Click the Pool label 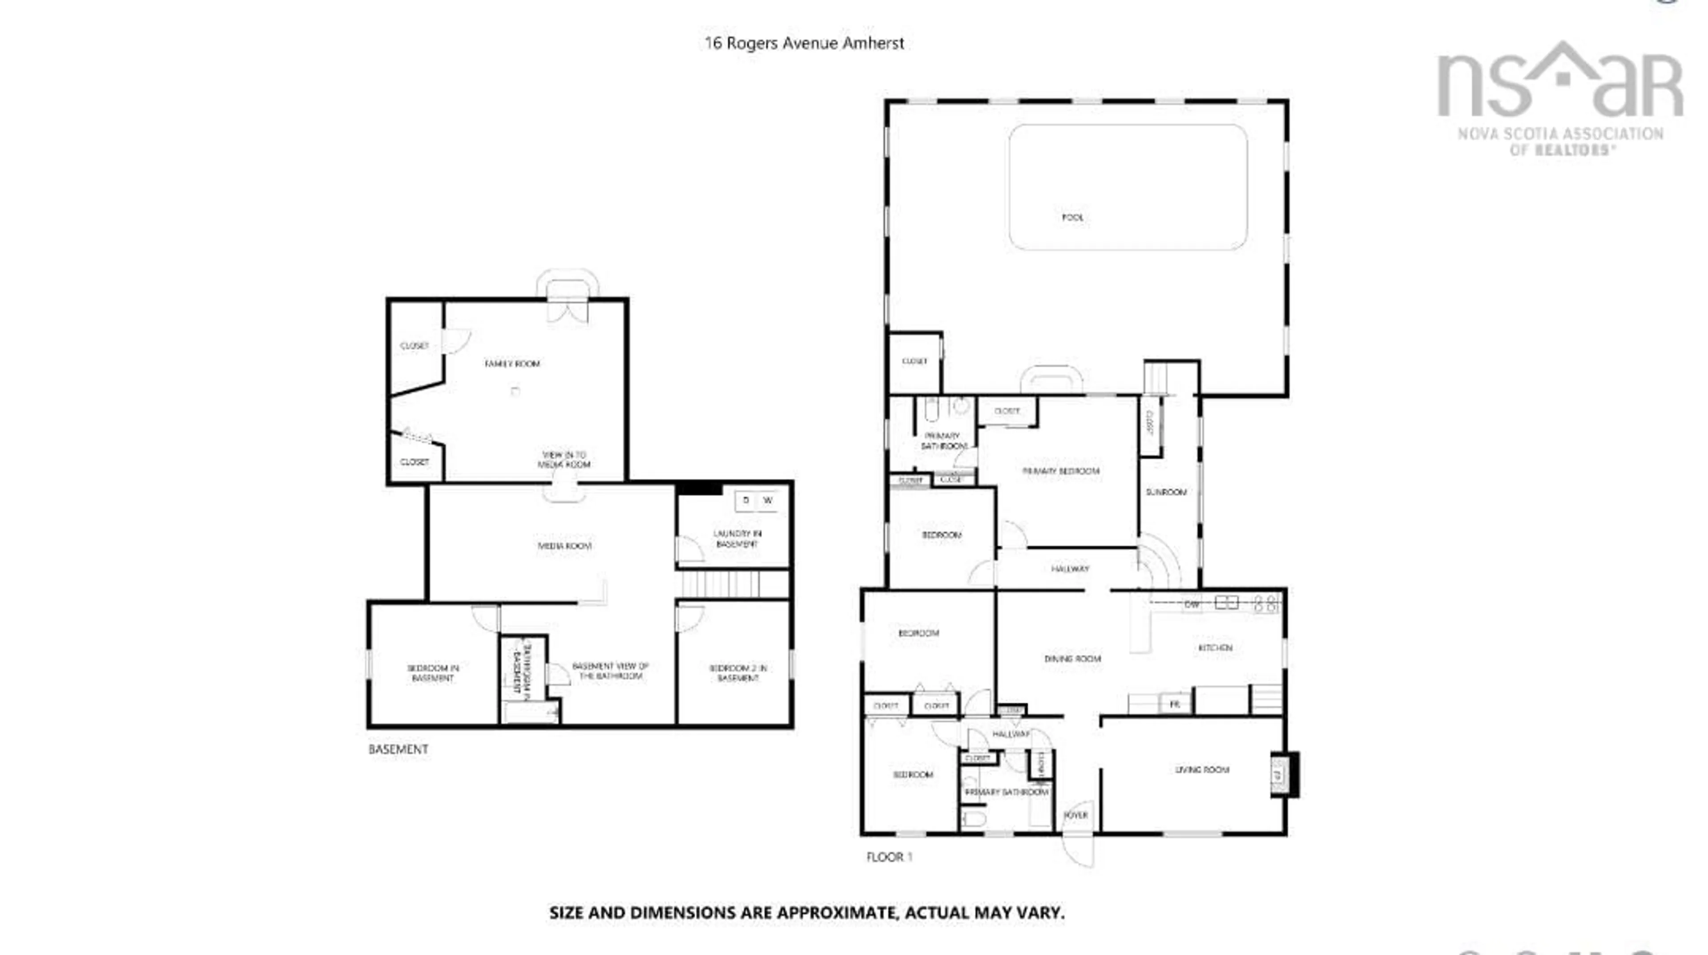(x=1072, y=218)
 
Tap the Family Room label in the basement (x=512, y=364)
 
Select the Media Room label (x=564, y=546)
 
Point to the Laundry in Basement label (x=737, y=538)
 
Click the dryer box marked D (x=746, y=501)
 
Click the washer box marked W (x=768, y=501)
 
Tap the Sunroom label (x=1166, y=492)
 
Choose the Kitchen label (x=1215, y=648)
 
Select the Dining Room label (x=1072, y=659)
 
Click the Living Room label (x=1201, y=770)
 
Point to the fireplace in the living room (x=1282, y=774)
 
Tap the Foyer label (x=1076, y=815)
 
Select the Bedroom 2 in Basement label (x=737, y=673)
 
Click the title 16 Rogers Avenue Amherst (x=804, y=43)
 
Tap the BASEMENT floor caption (x=398, y=749)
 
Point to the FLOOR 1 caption (x=889, y=857)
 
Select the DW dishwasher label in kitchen (x=1192, y=605)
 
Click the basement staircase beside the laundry (x=719, y=584)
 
